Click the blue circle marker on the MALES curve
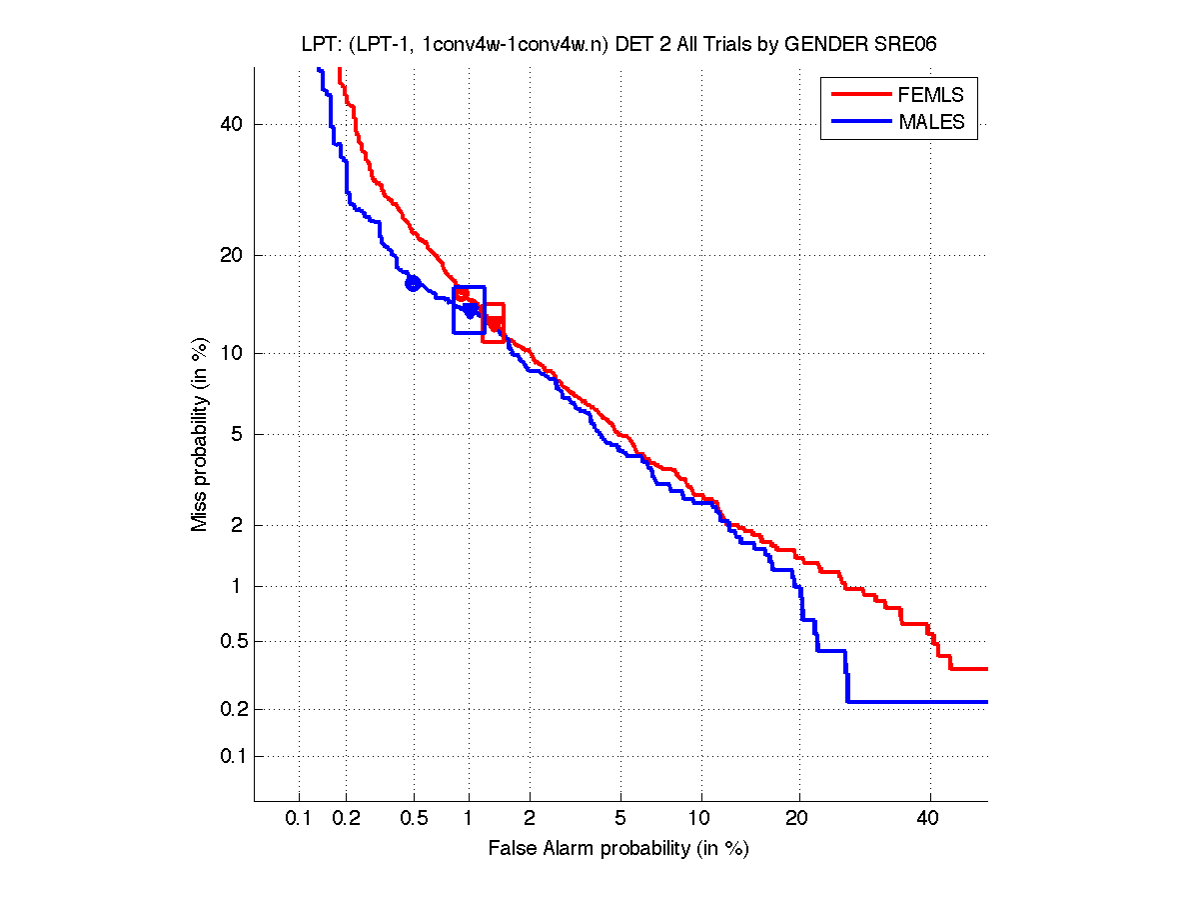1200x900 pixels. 413,283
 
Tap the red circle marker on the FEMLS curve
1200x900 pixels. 462,294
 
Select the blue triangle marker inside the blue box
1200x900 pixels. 470,310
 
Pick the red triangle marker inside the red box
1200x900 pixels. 494,323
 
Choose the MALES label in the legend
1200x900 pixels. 932,122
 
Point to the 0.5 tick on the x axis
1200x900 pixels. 414,818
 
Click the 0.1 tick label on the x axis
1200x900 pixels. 298,818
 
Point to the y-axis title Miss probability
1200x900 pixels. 201,432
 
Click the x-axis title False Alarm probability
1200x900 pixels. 618,849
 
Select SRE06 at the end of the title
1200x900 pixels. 906,46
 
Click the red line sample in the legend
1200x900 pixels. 860,95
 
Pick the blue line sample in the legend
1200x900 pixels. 860,122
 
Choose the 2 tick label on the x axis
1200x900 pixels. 531,818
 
